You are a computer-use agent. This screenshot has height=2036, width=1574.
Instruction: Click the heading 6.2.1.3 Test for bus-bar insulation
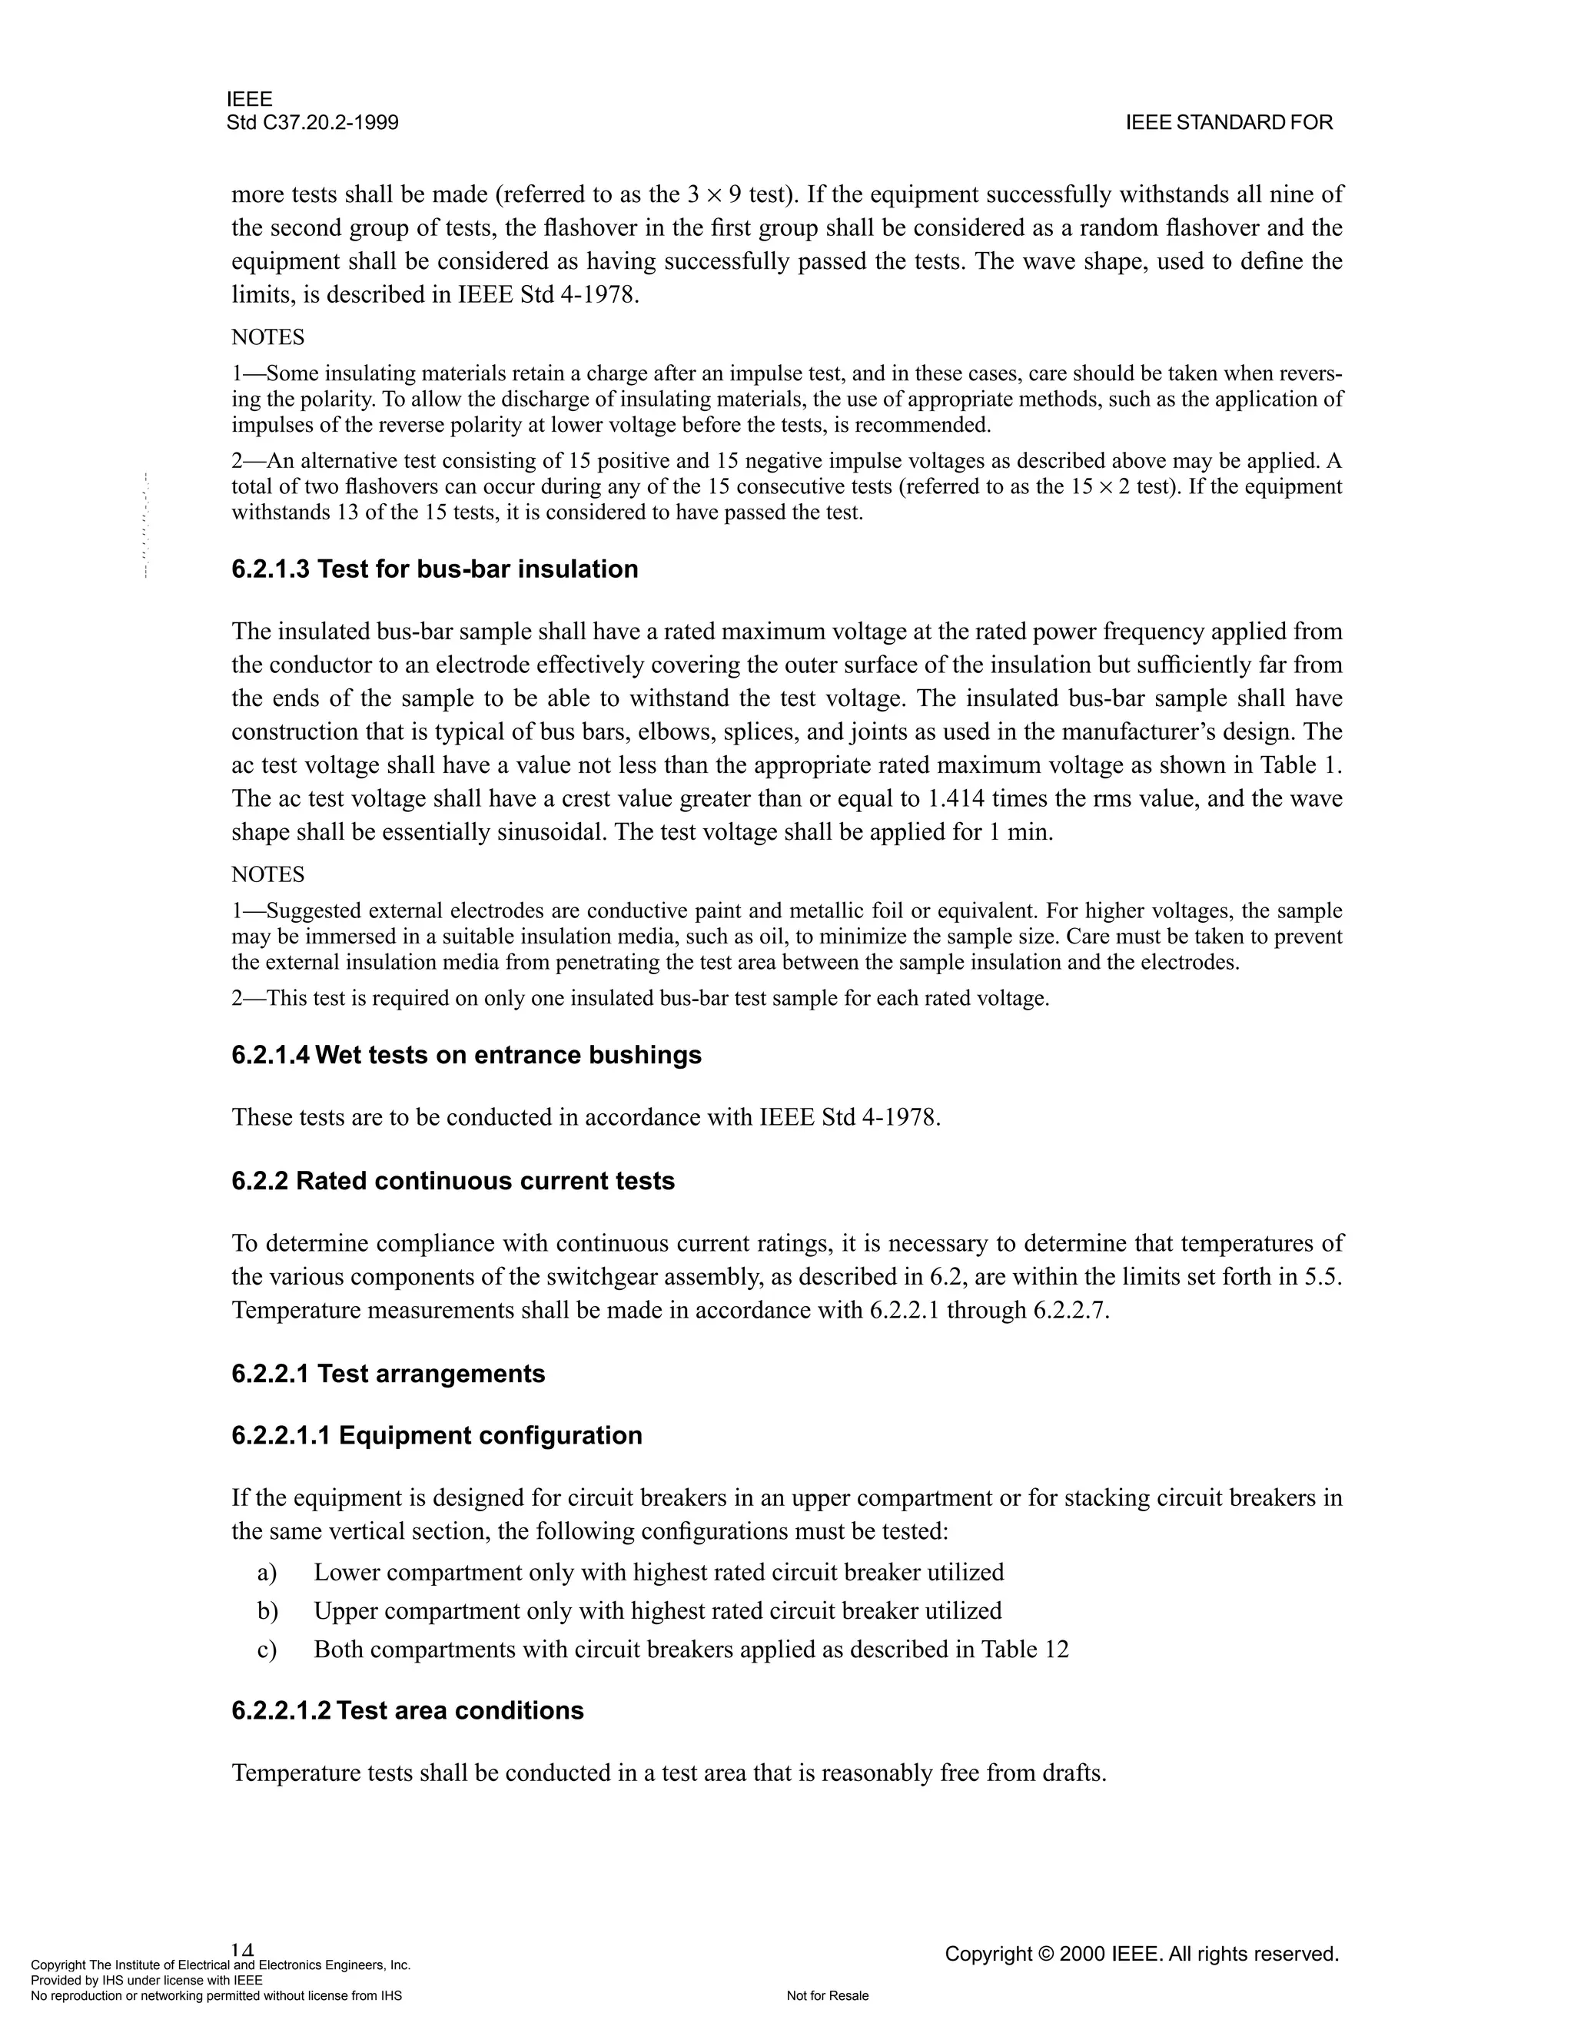pos(434,569)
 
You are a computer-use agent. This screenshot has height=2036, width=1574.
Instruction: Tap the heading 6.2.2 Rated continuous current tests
pos(453,1180)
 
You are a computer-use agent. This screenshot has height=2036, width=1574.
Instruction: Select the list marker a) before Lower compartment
pos(267,1573)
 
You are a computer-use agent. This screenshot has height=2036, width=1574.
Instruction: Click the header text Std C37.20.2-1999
pos(312,123)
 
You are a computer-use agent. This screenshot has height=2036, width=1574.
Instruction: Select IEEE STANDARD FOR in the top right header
pos(1229,123)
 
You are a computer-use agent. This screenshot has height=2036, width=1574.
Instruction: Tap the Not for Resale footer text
pos(827,1996)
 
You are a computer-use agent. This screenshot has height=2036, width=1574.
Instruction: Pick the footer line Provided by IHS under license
pos(146,1980)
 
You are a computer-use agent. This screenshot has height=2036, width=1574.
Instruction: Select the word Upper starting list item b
pos(345,1611)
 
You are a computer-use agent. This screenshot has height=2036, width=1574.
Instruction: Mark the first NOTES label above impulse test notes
pos(267,337)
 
